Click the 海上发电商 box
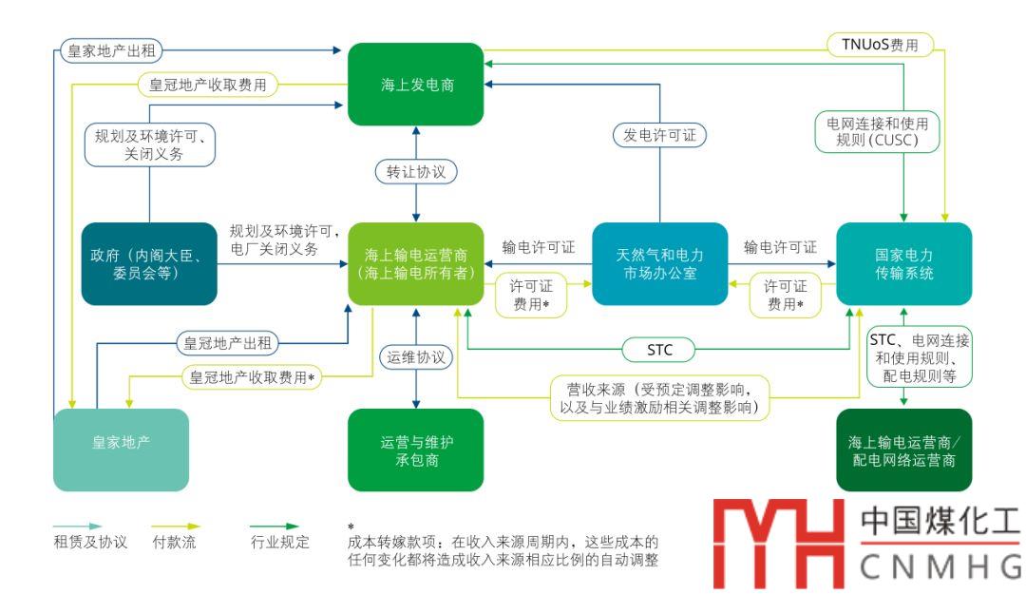click(416, 85)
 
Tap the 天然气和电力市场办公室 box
click(659, 263)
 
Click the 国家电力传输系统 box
click(903, 263)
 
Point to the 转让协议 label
click(416, 173)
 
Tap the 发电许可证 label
click(659, 135)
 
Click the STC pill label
click(659, 350)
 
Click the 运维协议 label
click(416, 357)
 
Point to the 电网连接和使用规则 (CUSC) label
click(877, 132)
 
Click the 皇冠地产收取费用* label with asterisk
click(251, 376)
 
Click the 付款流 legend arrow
click(177, 526)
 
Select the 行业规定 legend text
click(288, 544)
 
